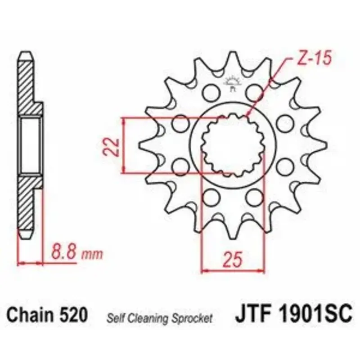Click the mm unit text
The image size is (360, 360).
tap(92, 254)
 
